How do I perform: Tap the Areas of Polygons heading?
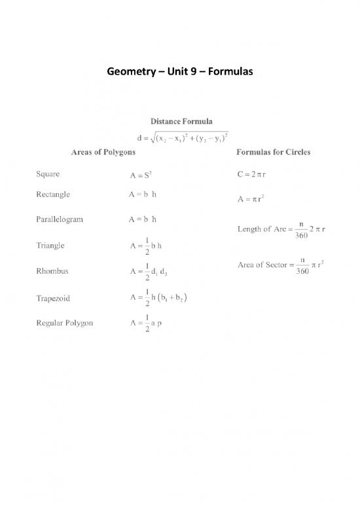point(103,152)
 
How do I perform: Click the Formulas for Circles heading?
point(273,152)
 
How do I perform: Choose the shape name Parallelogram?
point(59,219)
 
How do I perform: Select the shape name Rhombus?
point(51,271)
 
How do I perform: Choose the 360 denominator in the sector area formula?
point(302,271)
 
